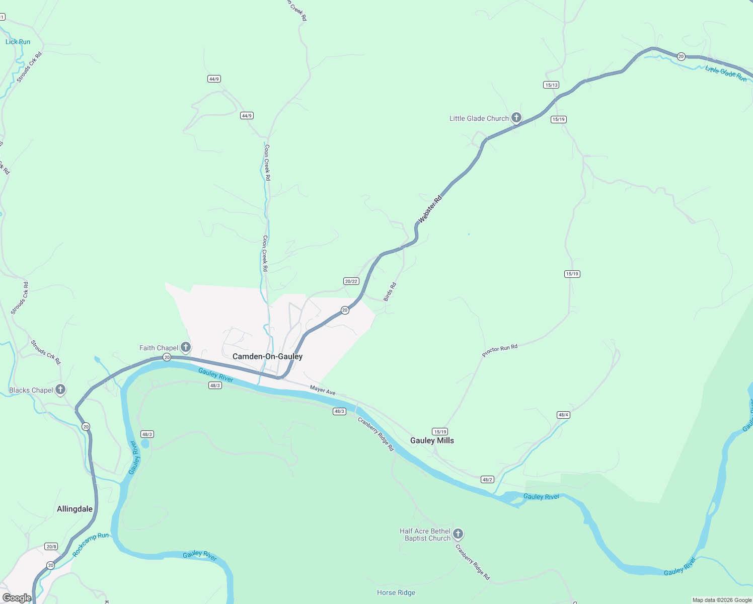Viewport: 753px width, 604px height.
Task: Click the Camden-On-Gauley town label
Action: [x=267, y=356]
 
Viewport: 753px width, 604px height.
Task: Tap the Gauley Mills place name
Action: [x=432, y=440]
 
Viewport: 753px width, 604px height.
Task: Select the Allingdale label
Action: [x=74, y=509]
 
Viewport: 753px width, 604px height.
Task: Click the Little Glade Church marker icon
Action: [x=516, y=118]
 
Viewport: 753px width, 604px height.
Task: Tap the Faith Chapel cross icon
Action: [x=186, y=347]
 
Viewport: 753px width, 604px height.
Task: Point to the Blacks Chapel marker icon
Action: [x=60, y=390]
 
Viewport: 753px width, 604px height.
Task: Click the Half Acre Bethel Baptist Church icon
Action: [x=458, y=534]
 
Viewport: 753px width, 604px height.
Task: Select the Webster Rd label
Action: [x=430, y=209]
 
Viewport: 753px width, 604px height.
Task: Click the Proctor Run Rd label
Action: [x=499, y=350]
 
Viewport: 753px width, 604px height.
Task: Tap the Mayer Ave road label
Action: [x=323, y=390]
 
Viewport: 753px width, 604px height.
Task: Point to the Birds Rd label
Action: [x=390, y=292]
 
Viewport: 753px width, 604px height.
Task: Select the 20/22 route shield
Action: [x=351, y=281]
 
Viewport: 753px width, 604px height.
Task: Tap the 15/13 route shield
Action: [x=551, y=85]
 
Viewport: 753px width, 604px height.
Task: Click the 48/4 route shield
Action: [x=563, y=415]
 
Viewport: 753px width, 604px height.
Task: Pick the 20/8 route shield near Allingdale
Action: [x=51, y=547]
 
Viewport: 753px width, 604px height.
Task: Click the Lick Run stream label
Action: [x=18, y=42]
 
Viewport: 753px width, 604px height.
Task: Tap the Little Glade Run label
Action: [x=726, y=73]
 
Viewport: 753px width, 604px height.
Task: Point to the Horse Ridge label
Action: [x=396, y=592]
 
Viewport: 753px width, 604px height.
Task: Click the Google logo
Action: [x=17, y=598]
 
